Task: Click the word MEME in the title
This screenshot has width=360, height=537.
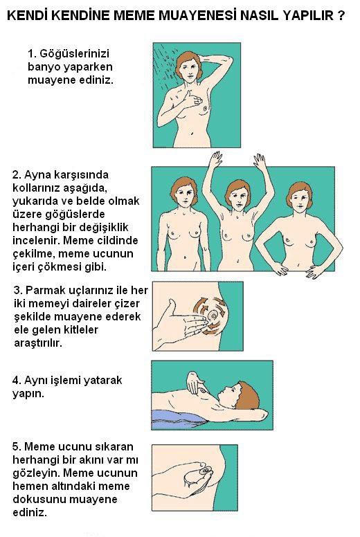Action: click(134, 15)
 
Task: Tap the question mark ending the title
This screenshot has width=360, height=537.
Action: click(341, 15)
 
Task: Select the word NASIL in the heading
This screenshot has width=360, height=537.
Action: click(262, 15)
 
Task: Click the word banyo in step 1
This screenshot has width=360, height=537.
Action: click(44, 67)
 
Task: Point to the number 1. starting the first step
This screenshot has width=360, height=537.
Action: click(32, 53)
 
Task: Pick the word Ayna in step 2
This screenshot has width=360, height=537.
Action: click(36, 175)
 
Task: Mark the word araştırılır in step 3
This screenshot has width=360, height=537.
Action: click(38, 343)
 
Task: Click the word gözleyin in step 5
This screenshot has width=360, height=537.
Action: click(36, 473)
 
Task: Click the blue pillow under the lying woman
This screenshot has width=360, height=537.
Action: click(178, 419)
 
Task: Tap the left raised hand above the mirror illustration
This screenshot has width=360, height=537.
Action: click(216, 160)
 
